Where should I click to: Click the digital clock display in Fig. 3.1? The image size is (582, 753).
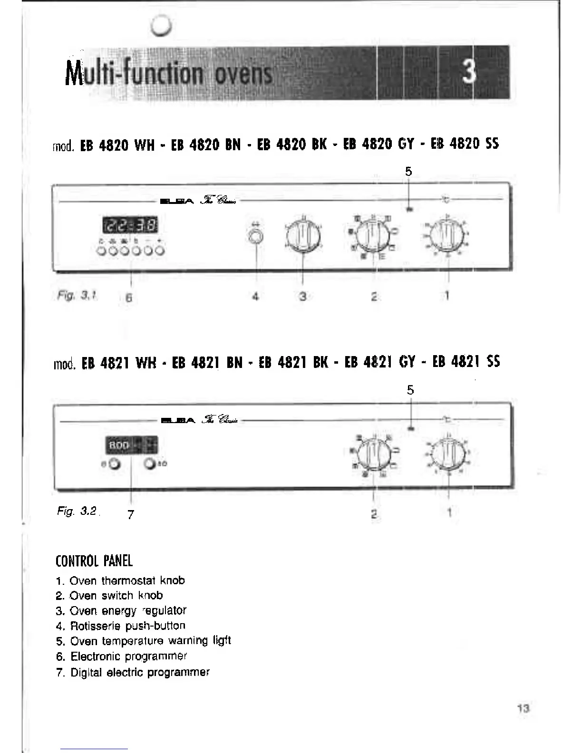pyautogui.click(x=130, y=225)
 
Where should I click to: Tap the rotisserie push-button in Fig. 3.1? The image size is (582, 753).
pyautogui.click(x=256, y=237)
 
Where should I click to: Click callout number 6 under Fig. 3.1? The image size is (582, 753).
pyautogui.click(x=129, y=298)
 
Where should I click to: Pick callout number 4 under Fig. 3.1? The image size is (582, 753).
pyautogui.click(x=255, y=297)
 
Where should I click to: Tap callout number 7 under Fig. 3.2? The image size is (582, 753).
pyautogui.click(x=131, y=514)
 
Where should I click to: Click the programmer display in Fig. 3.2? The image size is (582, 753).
pyautogui.click(x=131, y=445)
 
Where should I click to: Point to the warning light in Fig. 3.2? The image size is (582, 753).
pyautogui.click(x=411, y=428)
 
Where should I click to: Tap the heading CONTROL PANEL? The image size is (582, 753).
pyautogui.click(x=94, y=561)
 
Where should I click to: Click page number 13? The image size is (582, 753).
pyautogui.click(x=523, y=708)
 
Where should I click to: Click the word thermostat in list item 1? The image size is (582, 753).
pyautogui.click(x=128, y=580)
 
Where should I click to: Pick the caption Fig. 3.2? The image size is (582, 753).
pyautogui.click(x=77, y=512)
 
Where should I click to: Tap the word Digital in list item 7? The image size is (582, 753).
pyautogui.click(x=87, y=672)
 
